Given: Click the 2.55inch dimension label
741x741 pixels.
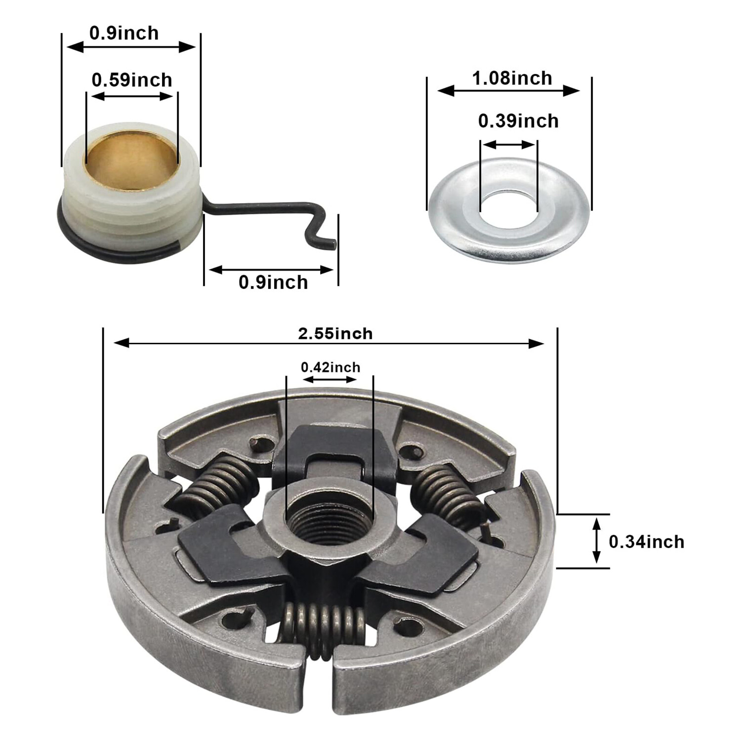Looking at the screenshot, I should pyautogui.click(x=335, y=334).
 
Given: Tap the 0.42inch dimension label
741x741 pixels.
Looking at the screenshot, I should pyautogui.click(x=330, y=368).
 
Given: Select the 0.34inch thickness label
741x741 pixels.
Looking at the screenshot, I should pyautogui.click(x=646, y=542).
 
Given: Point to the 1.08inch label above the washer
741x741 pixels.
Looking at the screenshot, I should pyautogui.click(x=512, y=78).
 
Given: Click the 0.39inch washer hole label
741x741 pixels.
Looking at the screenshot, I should pyautogui.click(x=518, y=121).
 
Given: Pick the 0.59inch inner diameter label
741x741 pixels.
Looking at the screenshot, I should pyautogui.click(x=132, y=80).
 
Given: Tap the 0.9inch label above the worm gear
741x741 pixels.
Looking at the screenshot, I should pyautogui.click(x=124, y=33).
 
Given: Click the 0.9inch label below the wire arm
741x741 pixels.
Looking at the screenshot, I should pyautogui.click(x=273, y=283).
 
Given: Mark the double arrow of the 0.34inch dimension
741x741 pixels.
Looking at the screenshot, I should pyautogui.click(x=597, y=540).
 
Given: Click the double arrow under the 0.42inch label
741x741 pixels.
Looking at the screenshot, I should pyautogui.click(x=329, y=379).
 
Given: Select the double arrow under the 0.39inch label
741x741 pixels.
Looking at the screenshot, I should pyautogui.click(x=508, y=144).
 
